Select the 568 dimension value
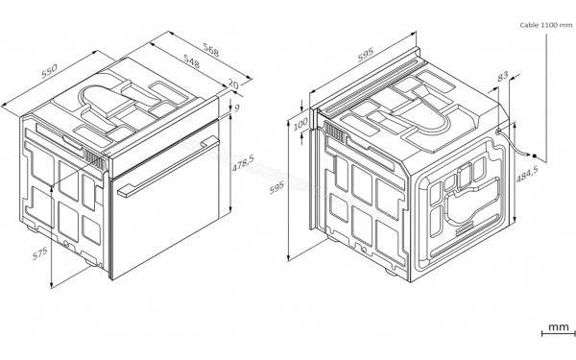point(206,47)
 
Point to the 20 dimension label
point(231,85)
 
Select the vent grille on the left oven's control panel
point(94,160)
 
